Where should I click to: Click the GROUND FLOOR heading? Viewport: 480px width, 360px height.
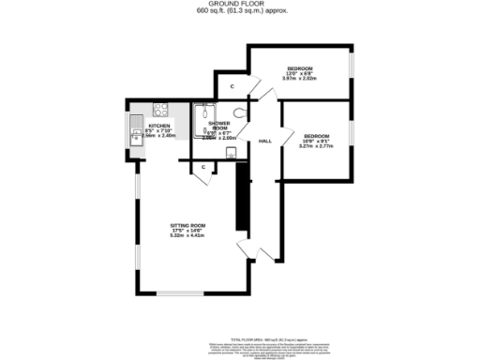(x=240, y=5)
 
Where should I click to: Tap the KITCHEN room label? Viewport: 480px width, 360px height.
(x=158, y=125)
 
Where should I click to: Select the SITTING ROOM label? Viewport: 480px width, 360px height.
(x=187, y=226)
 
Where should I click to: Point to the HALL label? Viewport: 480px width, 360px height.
(x=265, y=141)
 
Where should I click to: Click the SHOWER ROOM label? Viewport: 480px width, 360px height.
(x=218, y=127)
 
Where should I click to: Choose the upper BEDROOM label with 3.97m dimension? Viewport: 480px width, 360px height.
(x=300, y=67)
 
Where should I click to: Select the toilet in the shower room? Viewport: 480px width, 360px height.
(x=240, y=114)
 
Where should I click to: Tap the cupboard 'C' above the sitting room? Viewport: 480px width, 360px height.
(x=204, y=167)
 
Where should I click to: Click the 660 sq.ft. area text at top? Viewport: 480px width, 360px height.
(x=240, y=12)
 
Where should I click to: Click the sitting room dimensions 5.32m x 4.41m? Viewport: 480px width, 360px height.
(x=187, y=235)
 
